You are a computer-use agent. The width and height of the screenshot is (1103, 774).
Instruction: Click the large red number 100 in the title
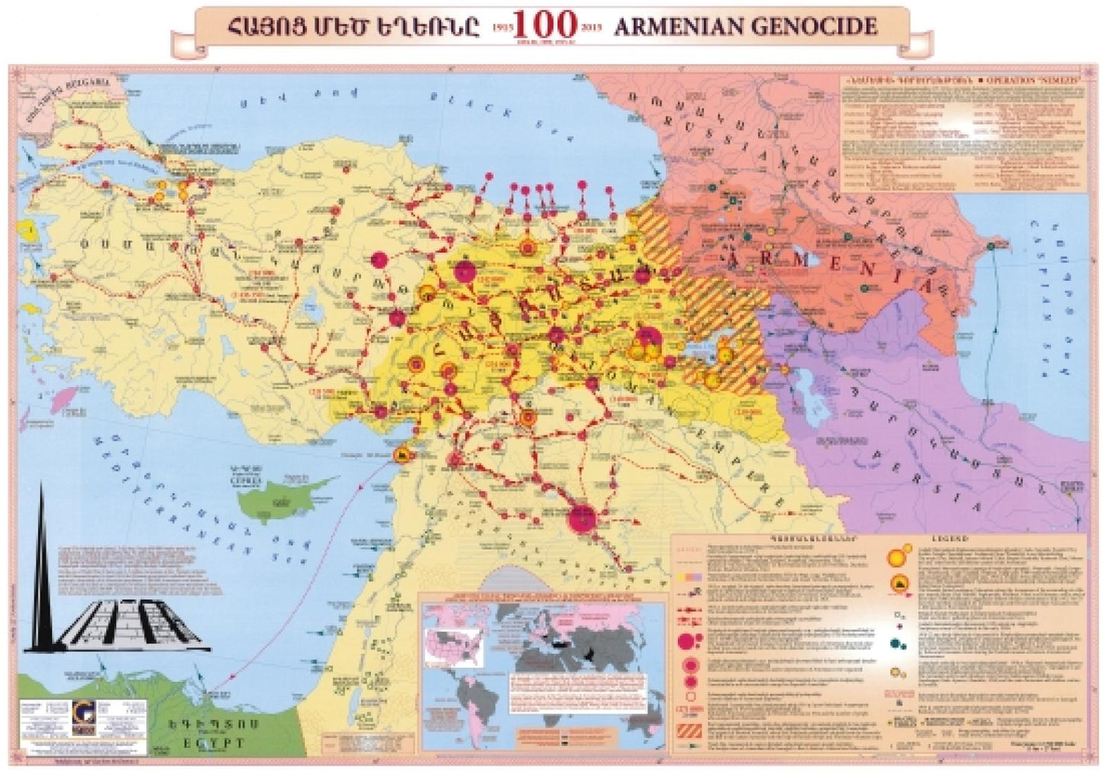[545, 24]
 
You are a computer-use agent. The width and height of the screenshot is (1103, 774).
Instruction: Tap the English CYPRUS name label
[251, 482]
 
